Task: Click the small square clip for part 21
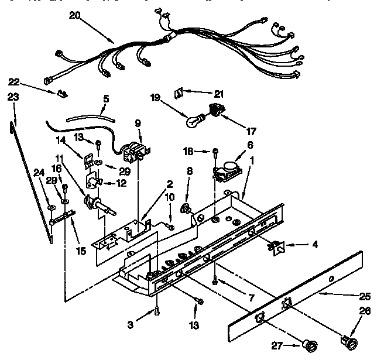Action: point(181,92)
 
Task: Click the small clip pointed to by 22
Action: point(62,92)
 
